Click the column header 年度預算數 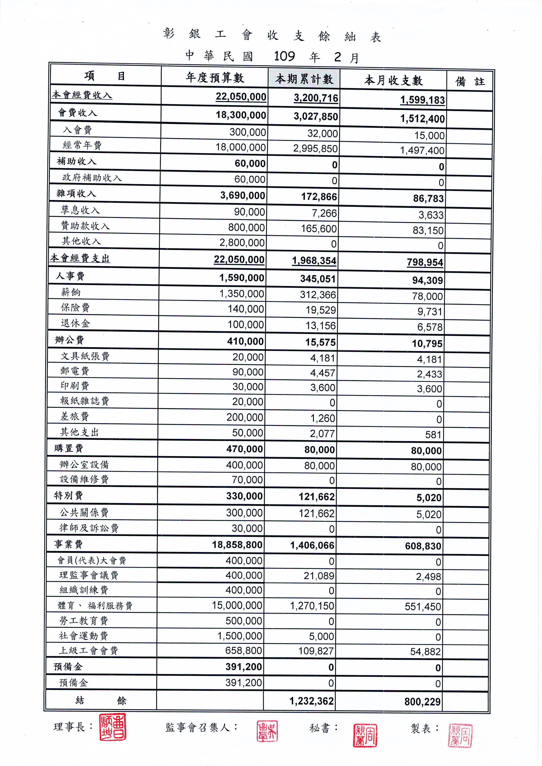pos(215,78)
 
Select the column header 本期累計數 pos(304,79)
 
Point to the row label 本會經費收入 pos(82,95)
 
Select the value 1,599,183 pos(422,100)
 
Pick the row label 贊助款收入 pos(85,226)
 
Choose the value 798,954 pos(425,262)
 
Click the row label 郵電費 pos(75,371)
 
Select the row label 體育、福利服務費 pos(95,606)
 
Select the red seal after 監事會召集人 pos(267,731)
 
